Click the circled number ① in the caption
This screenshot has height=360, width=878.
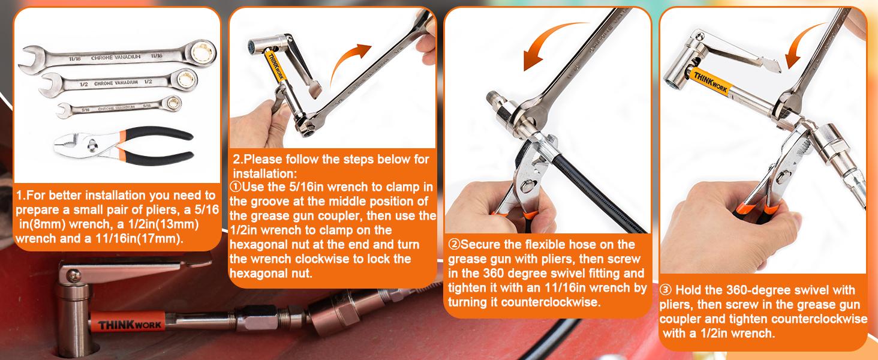[234, 187]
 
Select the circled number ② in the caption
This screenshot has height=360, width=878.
[454, 245]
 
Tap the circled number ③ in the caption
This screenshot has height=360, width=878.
[665, 290]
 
